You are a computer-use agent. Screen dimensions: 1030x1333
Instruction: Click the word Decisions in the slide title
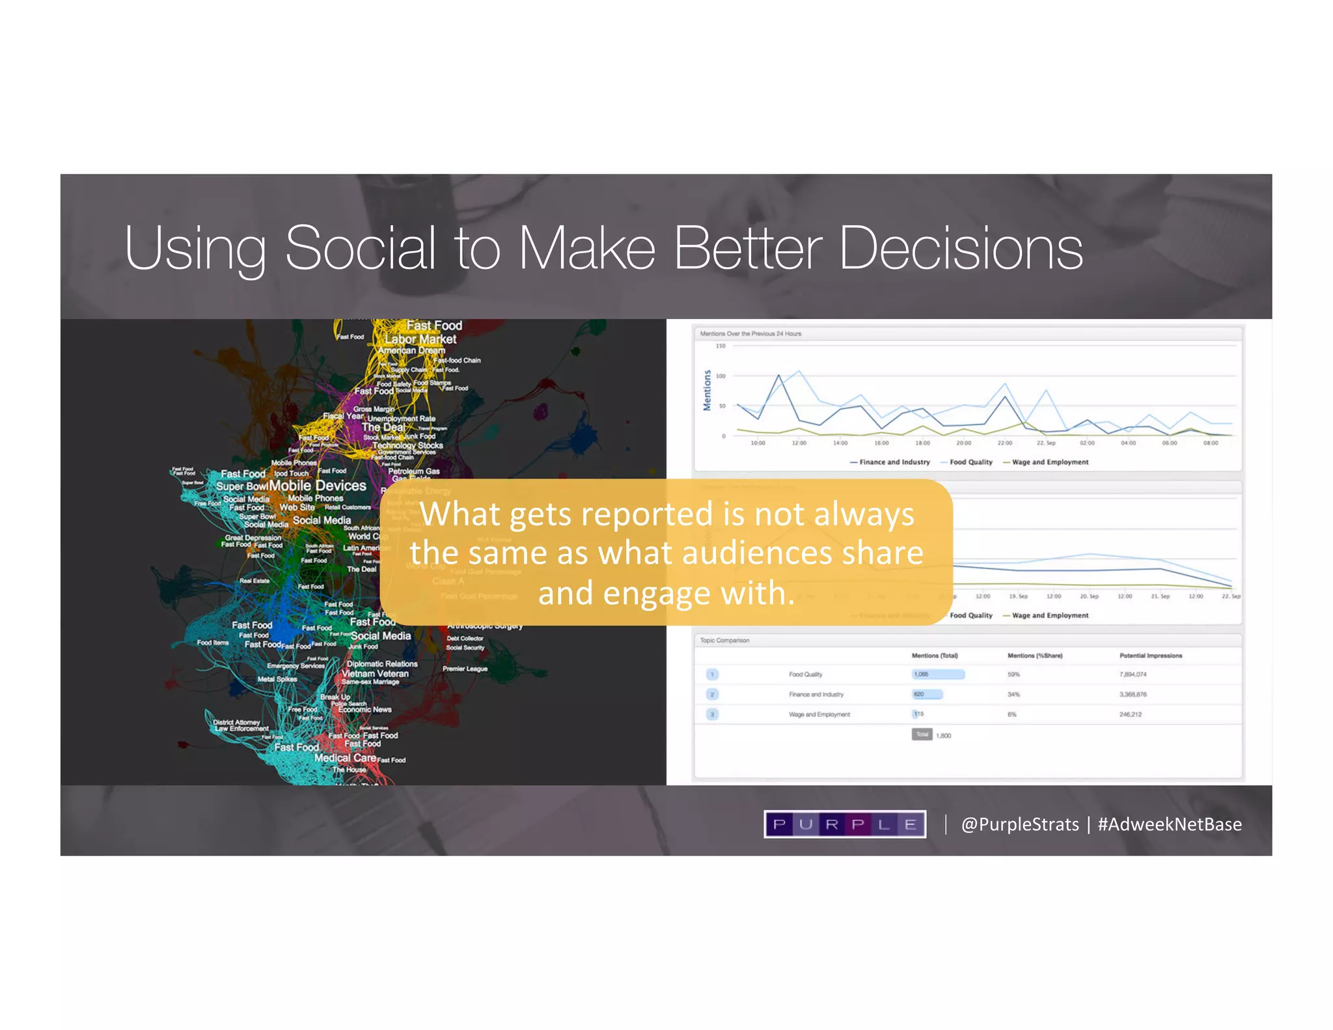[961, 248]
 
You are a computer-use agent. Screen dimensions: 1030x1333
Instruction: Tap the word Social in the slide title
[360, 248]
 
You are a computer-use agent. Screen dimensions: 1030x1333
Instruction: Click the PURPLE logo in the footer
[844, 824]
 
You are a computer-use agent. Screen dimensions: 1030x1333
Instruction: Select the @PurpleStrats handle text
[1020, 824]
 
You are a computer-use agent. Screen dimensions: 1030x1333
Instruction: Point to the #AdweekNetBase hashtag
[1169, 824]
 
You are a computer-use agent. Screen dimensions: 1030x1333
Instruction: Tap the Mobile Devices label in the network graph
[318, 486]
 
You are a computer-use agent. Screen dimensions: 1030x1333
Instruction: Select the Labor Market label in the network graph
[420, 339]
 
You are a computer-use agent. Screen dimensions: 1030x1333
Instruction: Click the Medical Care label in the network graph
[345, 758]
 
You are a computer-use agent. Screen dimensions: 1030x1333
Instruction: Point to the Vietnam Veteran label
[376, 674]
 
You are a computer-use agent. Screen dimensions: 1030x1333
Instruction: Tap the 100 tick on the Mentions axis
[720, 376]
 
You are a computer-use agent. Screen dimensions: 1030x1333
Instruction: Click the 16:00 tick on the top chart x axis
[881, 443]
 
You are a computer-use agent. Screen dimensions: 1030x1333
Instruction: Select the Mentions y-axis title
[707, 390]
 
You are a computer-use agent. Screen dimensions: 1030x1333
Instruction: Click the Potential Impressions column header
[1150, 656]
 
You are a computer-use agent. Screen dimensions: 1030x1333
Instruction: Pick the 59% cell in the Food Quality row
[1013, 675]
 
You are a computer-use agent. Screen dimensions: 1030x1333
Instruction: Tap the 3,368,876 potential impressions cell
[1133, 695]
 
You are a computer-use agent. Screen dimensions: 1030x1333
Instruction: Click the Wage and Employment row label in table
[819, 715]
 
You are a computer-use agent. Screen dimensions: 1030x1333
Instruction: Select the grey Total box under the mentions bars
[922, 734]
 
